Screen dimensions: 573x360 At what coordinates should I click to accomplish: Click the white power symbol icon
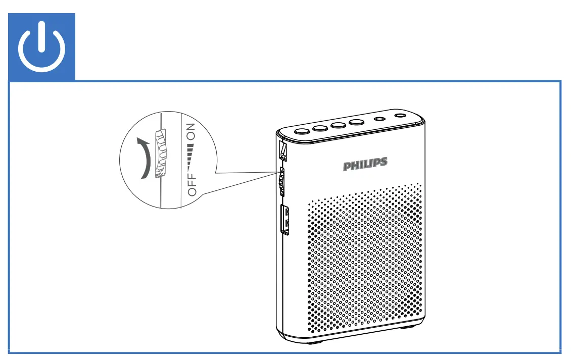(x=42, y=47)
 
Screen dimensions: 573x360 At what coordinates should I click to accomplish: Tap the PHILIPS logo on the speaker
(x=365, y=165)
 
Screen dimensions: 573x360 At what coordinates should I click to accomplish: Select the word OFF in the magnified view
(x=192, y=185)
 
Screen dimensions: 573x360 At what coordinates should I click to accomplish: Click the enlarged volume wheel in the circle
(x=160, y=154)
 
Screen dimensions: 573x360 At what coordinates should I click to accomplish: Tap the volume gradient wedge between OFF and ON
(x=191, y=159)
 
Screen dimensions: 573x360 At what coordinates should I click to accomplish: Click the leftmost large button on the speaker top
(x=302, y=131)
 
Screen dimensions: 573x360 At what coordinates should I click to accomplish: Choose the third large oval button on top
(x=339, y=125)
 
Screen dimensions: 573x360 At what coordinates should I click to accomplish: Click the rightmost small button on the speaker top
(x=401, y=116)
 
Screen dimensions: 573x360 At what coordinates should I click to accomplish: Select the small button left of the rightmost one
(x=379, y=120)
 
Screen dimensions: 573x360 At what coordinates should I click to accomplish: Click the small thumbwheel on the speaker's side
(x=281, y=182)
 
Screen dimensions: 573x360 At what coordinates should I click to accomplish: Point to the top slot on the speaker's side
(x=282, y=149)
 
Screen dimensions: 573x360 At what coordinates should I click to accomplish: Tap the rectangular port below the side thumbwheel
(x=285, y=220)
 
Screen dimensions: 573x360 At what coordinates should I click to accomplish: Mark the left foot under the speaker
(x=314, y=342)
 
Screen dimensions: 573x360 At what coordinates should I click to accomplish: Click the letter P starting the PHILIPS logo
(x=348, y=166)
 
